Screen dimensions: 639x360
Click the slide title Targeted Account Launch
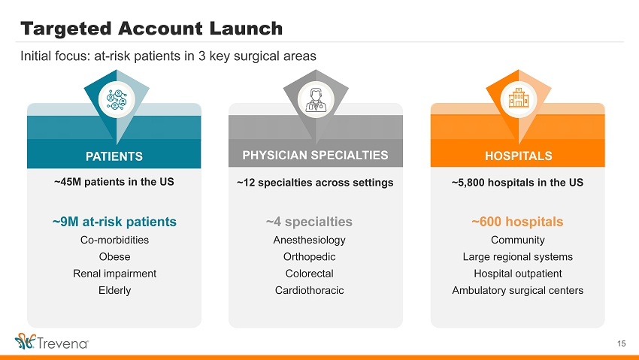[151, 29]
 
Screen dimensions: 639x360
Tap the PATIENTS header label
[114, 156]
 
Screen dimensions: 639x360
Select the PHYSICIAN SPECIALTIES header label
[316, 155]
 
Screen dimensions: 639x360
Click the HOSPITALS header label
[519, 156]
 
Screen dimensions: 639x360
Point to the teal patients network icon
[117, 100]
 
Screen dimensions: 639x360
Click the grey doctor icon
[316, 100]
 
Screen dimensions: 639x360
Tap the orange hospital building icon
[519, 98]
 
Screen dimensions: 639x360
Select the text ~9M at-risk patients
[114, 222]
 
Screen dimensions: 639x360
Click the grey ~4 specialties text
[309, 222]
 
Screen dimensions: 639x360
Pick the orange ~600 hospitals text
[517, 222]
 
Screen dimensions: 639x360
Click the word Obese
[114, 256]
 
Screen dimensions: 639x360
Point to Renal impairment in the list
[114, 274]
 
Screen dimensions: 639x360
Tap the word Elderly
[114, 290]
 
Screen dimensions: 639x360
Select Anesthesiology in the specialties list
[309, 240]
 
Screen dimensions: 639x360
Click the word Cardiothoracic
[309, 290]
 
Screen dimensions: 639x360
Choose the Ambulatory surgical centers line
[517, 290]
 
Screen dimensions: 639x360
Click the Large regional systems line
[517, 256]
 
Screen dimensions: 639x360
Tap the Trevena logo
[52, 342]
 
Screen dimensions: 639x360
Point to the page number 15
[622, 343]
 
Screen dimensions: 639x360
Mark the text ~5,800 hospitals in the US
[517, 183]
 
